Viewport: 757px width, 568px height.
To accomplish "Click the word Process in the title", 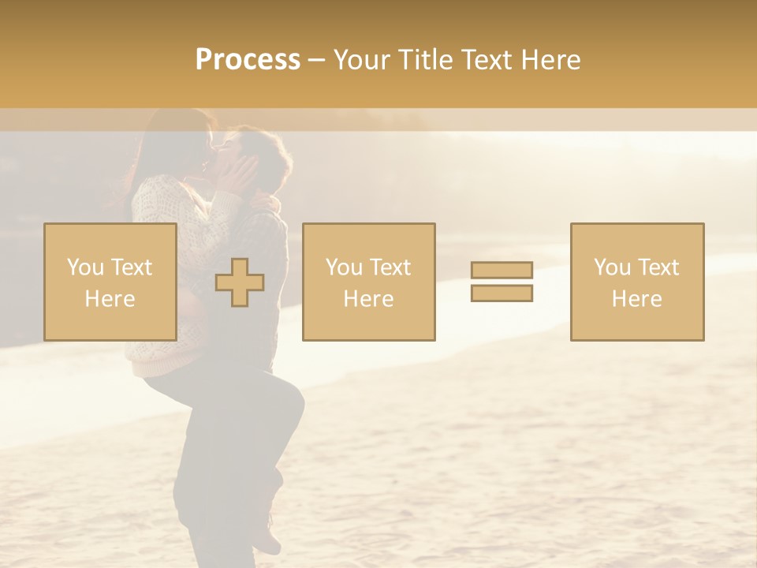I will click(x=248, y=60).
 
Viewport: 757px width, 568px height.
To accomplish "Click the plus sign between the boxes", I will click(x=240, y=282).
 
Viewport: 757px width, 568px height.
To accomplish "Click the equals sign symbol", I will click(x=502, y=282).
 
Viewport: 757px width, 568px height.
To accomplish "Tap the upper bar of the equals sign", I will click(x=502, y=271).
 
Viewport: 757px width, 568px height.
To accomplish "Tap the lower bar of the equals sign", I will click(x=502, y=293).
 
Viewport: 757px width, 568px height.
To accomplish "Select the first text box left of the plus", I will click(x=110, y=282).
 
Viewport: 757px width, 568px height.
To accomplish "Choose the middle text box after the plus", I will click(x=368, y=282).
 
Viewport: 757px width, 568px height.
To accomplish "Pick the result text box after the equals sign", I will click(x=636, y=282).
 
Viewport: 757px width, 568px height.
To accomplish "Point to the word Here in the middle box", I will click(x=368, y=298).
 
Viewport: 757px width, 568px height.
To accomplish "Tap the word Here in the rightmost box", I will click(x=636, y=298).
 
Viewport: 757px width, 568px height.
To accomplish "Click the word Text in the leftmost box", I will click(x=131, y=267).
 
